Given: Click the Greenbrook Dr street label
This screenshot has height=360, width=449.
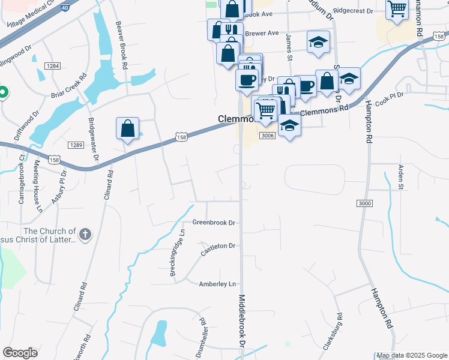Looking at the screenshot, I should pos(212,223).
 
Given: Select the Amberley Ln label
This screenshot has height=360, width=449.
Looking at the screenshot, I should pos(218,284).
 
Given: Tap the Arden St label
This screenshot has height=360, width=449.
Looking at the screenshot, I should pos(400,178).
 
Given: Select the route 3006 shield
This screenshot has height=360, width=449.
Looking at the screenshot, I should pos(268,136).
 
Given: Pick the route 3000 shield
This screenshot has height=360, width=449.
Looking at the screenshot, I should pos(364,204).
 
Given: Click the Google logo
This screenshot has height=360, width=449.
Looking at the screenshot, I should pos(20,353).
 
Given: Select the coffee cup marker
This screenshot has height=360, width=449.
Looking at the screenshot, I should pos(247,79).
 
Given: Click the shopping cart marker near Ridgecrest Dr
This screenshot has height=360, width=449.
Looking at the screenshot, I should pos(397,9).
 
